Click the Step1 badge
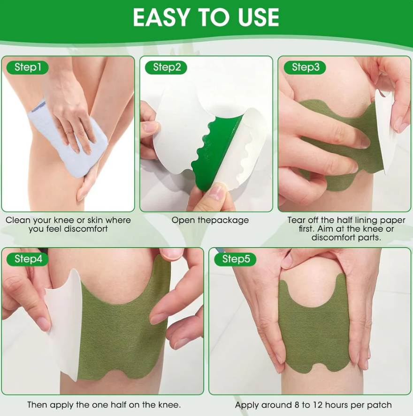point(28,67)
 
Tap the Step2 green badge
point(166,67)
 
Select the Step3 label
point(305,67)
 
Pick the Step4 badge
point(28,259)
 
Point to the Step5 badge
point(236,259)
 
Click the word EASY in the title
point(163,17)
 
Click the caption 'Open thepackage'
point(210,220)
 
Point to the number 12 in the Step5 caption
point(317,405)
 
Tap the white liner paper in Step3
point(386,130)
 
